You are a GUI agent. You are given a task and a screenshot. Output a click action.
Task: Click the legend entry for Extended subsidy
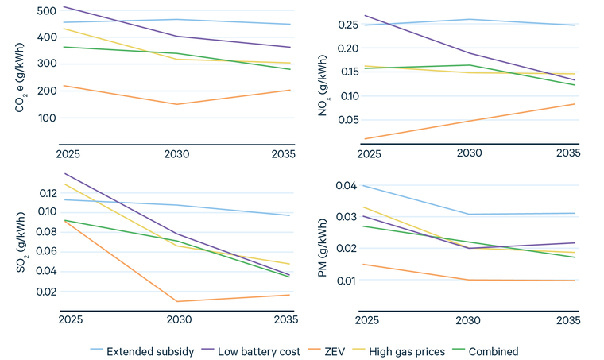(x=149, y=351)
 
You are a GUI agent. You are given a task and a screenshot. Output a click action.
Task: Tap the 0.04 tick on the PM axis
(x=347, y=186)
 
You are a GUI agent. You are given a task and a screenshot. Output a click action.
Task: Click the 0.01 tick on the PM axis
(x=347, y=281)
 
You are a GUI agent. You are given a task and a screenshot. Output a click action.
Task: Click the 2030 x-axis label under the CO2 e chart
(x=177, y=153)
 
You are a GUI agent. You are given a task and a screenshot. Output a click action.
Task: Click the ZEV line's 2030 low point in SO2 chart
(x=177, y=301)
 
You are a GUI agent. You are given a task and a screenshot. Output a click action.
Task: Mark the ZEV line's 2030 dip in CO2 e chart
(x=177, y=104)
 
